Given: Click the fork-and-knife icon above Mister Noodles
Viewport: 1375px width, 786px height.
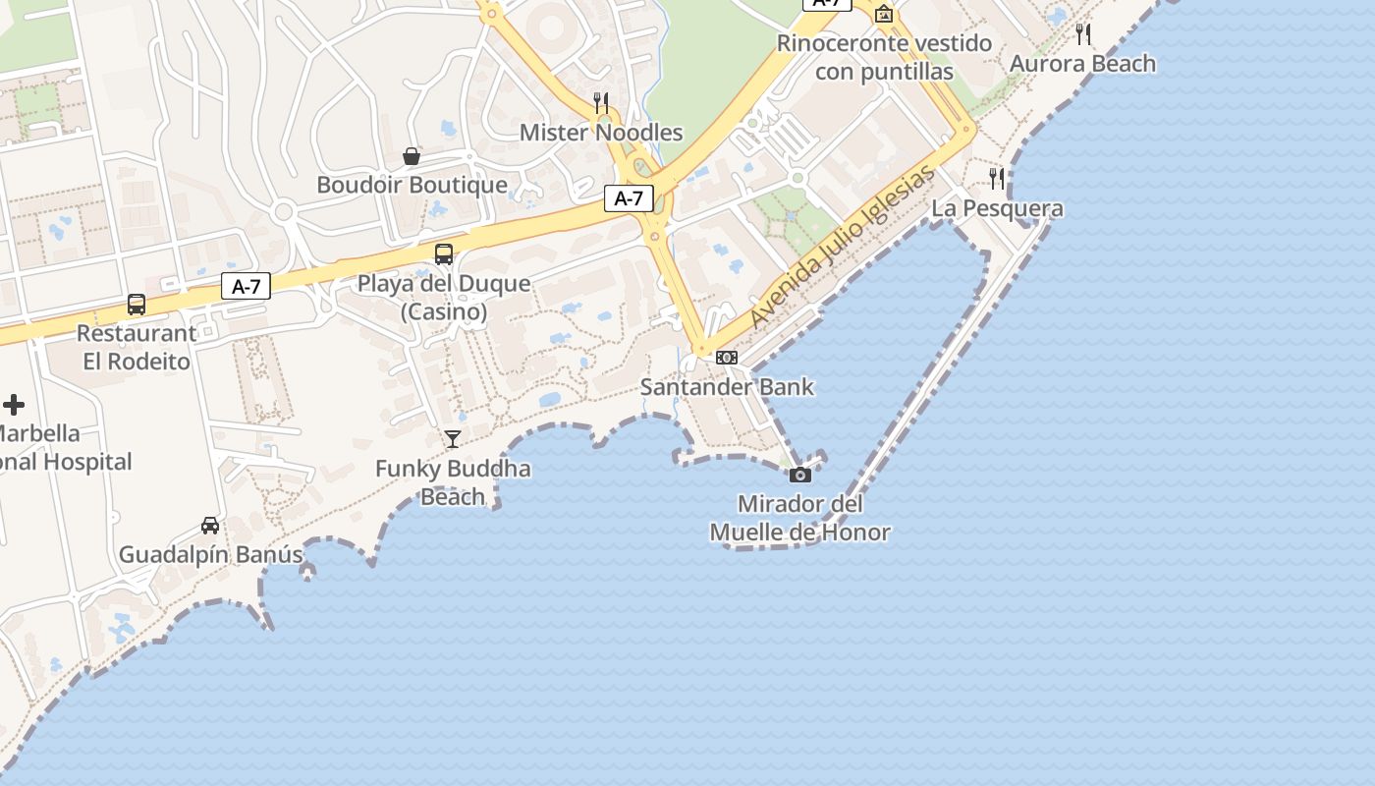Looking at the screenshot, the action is click(x=601, y=102).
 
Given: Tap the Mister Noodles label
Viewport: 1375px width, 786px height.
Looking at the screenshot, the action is click(x=601, y=133).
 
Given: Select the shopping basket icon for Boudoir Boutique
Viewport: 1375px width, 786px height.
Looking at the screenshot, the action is click(x=412, y=156).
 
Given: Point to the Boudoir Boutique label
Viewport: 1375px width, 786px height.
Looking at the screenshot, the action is click(x=412, y=185).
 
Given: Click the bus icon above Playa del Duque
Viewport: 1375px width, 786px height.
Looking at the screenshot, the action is click(x=444, y=254).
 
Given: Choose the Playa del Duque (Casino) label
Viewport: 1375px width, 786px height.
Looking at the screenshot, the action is click(x=444, y=298).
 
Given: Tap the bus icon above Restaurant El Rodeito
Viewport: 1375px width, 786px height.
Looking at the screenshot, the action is click(x=137, y=305).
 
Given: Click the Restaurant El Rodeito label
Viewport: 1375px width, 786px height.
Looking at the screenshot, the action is click(x=137, y=347).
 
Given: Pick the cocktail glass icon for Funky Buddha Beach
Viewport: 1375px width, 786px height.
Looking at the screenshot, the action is click(x=453, y=438).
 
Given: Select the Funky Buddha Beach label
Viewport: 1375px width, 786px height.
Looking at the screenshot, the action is click(x=453, y=482).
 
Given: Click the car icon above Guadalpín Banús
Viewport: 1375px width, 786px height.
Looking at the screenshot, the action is click(x=210, y=526).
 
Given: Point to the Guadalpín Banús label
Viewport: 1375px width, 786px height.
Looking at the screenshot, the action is click(x=211, y=555).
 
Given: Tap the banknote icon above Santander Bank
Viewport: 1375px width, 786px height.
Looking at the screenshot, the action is click(x=727, y=358).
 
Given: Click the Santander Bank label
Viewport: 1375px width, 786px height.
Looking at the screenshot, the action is click(x=727, y=387).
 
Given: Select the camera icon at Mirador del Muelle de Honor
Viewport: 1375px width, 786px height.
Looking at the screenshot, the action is click(x=800, y=476).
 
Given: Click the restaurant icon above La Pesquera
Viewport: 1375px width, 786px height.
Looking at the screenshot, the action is click(x=997, y=179).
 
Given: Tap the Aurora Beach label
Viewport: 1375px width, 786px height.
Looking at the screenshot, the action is click(x=1083, y=64).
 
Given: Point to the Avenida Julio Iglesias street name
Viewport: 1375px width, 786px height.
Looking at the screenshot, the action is click(x=842, y=249).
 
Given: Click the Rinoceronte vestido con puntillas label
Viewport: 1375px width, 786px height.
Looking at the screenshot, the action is click(x=884, y=58).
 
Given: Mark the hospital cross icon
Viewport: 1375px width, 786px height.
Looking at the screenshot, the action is click(x=14, y=404).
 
